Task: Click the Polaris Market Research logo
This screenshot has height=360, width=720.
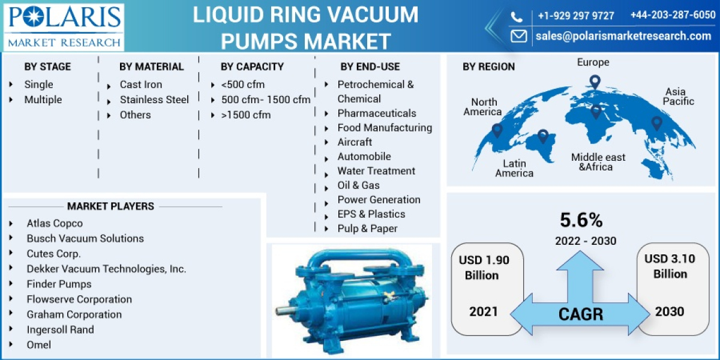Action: [x=63, y=26]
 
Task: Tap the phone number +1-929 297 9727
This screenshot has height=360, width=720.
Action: [x=575, y=16]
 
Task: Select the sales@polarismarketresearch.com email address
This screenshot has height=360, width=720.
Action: [x=623, y=36]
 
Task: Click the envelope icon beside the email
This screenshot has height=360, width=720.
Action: [x=518, y=36]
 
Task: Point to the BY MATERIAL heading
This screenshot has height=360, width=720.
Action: [x=151, y=67]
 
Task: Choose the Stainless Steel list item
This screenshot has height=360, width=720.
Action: [x=154, y=100]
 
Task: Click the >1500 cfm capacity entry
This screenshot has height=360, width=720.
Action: [x=245, y=115]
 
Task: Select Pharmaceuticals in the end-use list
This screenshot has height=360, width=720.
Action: [x=376, y=113]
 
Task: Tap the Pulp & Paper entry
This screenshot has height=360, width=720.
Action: [x=367, y=228]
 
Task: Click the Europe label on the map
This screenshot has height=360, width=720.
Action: [x=593, y=62]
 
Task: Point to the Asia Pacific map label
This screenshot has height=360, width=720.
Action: [x=678, y=97]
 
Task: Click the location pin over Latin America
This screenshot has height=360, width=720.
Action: [x=543, y=136]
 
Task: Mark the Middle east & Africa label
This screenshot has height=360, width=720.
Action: [x=598, y=162]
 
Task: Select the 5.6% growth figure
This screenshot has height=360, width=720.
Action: [x=581, y=220]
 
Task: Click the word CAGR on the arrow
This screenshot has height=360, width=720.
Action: [x=581, y=314]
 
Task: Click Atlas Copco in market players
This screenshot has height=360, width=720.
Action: [x=55, y=223]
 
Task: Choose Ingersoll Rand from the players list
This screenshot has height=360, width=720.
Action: [x=60, y=329]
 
